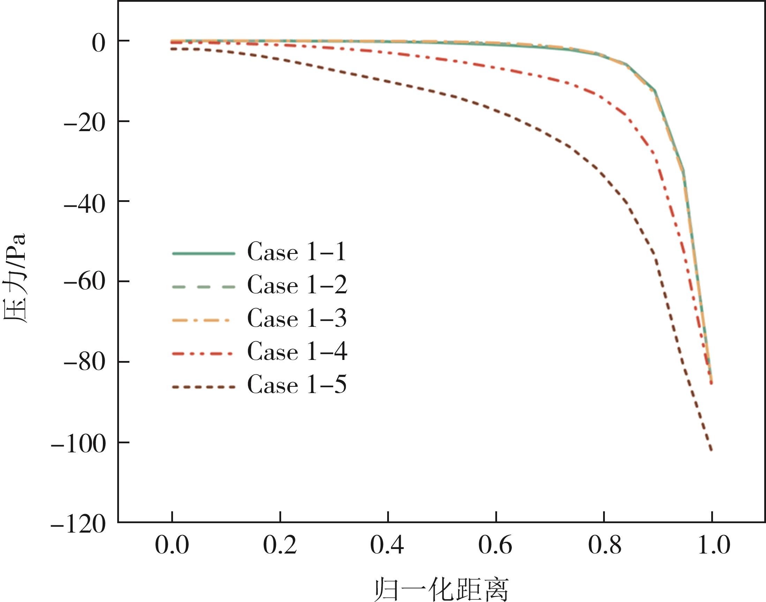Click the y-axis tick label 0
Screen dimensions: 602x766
(98, 44)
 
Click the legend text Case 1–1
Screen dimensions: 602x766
(297, 253)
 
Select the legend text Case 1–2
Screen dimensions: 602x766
(297, 285)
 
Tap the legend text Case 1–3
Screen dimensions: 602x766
(297, 318)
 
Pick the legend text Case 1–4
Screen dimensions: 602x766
(297, 352)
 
